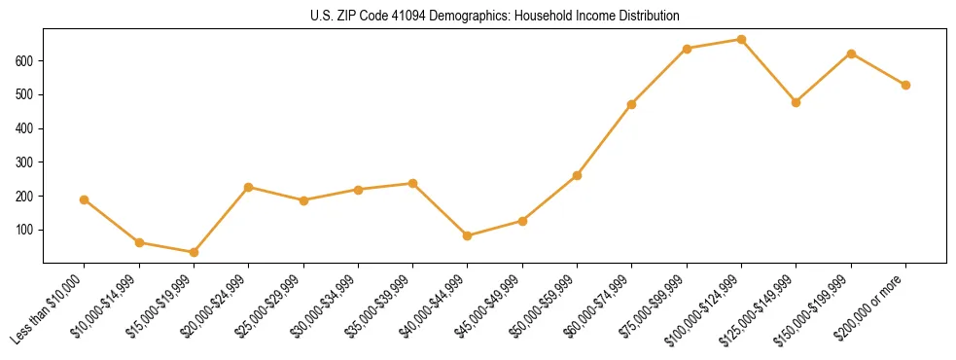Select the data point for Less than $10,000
click(x=85, y=199)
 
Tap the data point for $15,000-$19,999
click(x=195, y=252)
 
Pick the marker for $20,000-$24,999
click(x=249, y=187)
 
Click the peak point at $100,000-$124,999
click(x=742, y=40)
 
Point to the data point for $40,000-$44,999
click(x=468, y=235)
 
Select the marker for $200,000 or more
click(x=906, y=85)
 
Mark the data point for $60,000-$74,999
click(x=632, y=104)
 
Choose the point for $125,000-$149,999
click(x=797, y=102)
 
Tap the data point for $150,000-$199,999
click(x=852, y=54)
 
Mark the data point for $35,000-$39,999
click(x=413, y=183)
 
